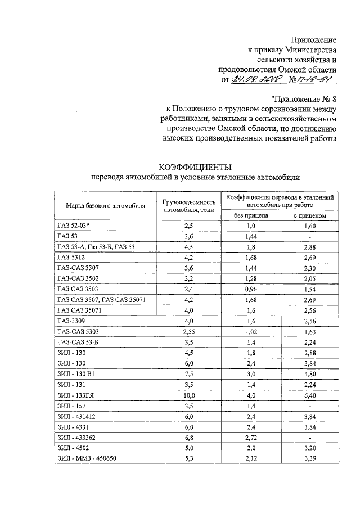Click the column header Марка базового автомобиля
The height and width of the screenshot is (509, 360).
coord(105,205)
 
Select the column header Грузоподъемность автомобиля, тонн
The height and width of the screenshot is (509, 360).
coord(190,205)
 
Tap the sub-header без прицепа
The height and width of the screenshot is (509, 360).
coord(251,215)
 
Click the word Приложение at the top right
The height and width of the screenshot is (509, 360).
coord(313,40)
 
